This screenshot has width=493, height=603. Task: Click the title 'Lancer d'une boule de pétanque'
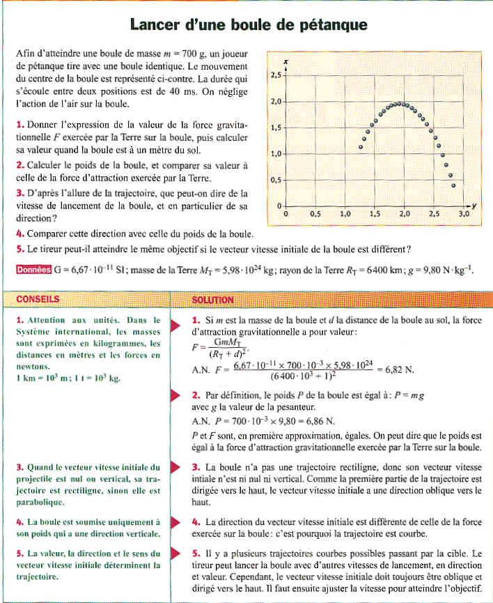coord(248,25)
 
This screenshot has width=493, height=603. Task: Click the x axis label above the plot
coord(286,62)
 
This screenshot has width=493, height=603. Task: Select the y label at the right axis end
coord(473,206)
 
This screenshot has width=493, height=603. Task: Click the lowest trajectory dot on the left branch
coord(361,147)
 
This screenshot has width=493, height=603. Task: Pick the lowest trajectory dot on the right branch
coord(454,185)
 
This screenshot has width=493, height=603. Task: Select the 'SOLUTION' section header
coord(213,300)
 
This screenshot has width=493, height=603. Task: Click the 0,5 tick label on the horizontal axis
coord(316,215)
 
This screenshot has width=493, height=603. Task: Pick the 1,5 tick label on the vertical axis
coord(275,128)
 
